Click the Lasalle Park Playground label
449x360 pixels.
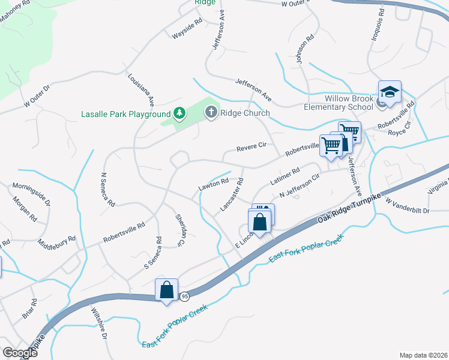point(126,114)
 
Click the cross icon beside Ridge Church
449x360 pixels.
point(211,112)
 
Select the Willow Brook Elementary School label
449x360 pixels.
point(349,103)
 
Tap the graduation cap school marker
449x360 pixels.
point(390,92)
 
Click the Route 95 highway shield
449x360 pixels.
point(184,296)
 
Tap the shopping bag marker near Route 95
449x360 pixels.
point(167,290)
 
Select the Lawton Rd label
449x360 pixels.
point(214,186)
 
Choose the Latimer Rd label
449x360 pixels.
point(285,177)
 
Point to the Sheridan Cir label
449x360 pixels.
point(178,230)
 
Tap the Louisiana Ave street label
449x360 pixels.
point(142,89)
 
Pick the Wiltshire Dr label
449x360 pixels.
point(98,323)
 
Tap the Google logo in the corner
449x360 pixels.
point(20,353)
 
